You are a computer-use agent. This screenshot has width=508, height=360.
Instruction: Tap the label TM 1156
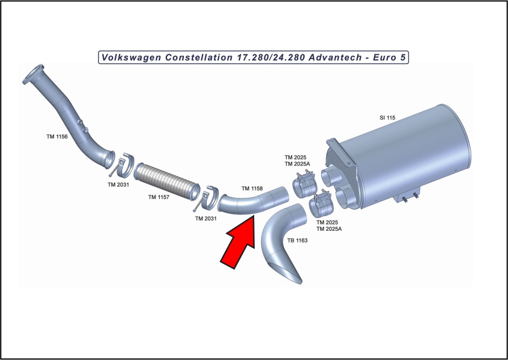[x=57, y=137]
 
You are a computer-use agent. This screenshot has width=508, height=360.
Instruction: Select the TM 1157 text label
[x=159, y=197]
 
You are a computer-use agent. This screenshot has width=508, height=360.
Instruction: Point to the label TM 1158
[x=252, y=188]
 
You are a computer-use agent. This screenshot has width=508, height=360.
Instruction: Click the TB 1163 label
[x=297, y=240]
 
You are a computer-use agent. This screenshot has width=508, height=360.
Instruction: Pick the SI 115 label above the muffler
[x=387, y=118]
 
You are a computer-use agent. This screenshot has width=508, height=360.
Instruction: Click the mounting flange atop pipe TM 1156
[x=33, y=74]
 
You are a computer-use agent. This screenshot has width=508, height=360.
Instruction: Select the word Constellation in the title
[x=198, y=57]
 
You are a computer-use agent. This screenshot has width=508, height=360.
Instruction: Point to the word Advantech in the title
[x=335, y=57]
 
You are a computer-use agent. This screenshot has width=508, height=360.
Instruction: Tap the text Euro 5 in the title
[x=389, y=57]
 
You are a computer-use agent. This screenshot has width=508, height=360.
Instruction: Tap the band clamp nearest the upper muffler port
[x=305, y=185]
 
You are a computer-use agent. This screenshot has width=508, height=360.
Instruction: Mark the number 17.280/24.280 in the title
[x=270, y=57]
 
